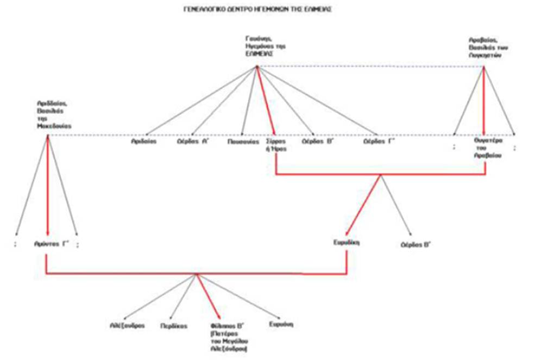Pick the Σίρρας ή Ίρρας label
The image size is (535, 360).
click(x=276, y=144)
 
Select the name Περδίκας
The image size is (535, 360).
click(x=174, y=326)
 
